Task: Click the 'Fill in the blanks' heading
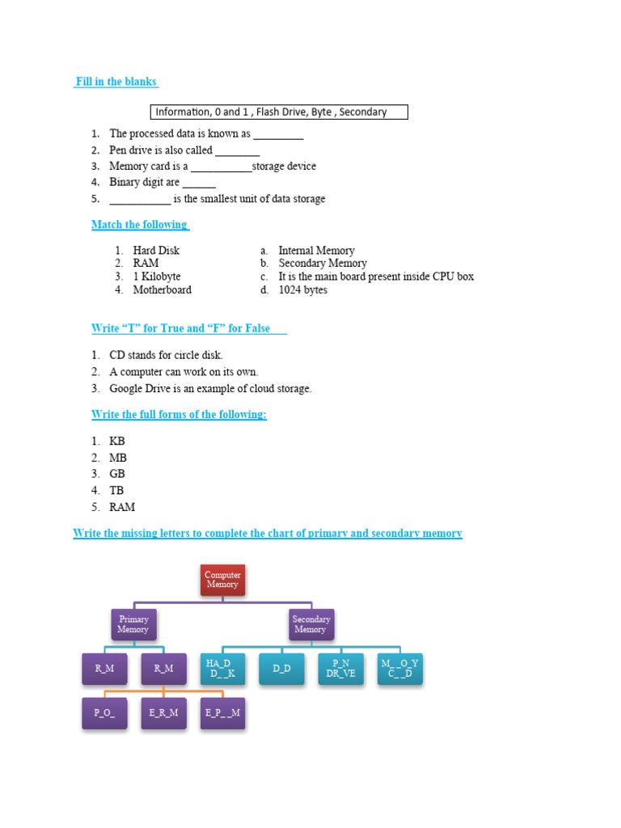coord(116,82)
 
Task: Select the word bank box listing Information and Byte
coord(279,112)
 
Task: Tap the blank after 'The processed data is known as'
coord(278,134)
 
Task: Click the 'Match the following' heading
coord(139,224)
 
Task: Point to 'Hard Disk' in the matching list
coord(156,251)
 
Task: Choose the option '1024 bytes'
coord(302,289)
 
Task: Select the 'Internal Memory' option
coord(316,251)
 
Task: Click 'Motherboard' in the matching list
coord(162,289)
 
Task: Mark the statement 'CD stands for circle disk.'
coord(166,355)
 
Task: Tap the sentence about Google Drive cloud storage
coord(210,388)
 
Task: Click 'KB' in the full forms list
coord(117,441)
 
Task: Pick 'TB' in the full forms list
coord(116,490)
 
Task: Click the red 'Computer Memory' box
coord(222,580)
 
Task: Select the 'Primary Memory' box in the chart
coord(133,624)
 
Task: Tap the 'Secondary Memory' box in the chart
coord(311,624)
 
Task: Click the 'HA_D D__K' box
coord(222,669)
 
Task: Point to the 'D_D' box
coord(281,669)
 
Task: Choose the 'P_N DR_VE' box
coord(340,669)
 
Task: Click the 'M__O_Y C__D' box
coord(399,669)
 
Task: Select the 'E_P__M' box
coord(222,712)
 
